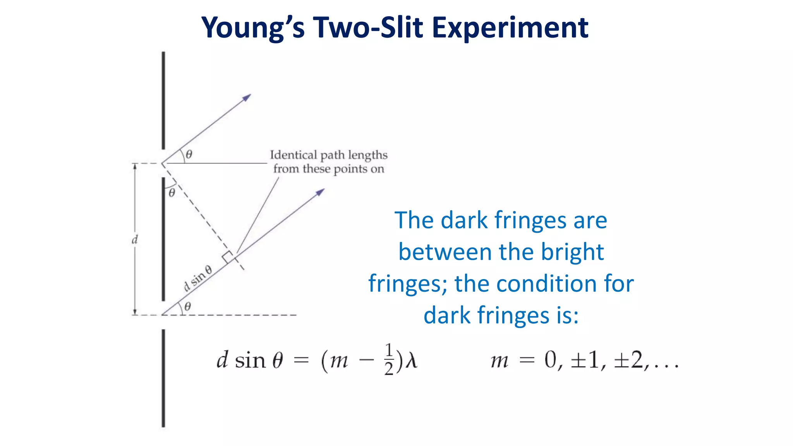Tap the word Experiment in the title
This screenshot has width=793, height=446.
(x=510, y=28)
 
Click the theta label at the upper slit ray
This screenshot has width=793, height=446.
(x=189, y=154)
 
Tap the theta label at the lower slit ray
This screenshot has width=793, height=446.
(x=187, y=307)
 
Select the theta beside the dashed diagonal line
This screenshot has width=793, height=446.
(x=172, y=192)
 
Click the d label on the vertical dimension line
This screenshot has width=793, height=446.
(x=135, y=240)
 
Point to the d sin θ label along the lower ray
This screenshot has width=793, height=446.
(x=197, y=278)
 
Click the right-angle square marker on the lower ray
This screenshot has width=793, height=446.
(x=228, y=257)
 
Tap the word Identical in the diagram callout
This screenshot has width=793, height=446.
(x=293, y=155)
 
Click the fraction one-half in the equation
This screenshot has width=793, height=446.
(x=389, y=359)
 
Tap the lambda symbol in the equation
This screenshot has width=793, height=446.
(x=411, y=360)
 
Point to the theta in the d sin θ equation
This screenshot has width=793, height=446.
(x=278, y=360)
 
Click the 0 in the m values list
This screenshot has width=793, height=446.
(x=550, y=360)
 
